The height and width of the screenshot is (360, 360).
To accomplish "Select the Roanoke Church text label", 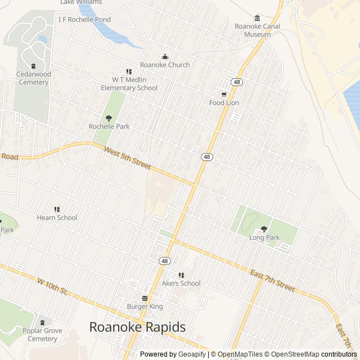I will pos(165,65).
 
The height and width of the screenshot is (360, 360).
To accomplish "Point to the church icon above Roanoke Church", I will pos(165,57).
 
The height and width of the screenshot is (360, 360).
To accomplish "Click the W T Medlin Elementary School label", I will pos(129,84).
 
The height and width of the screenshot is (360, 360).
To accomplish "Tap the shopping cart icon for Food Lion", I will pos(224,94).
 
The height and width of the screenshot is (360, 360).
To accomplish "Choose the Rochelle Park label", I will pos(109,127).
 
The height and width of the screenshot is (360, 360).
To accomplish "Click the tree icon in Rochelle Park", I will pos(109,118).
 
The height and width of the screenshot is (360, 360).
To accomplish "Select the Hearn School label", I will pos(57,218).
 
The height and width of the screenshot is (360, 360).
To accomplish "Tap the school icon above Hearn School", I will pos(57,209).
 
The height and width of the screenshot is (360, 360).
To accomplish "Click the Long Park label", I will pos(264,237).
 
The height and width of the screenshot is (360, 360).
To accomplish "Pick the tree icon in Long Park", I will pos(264,229).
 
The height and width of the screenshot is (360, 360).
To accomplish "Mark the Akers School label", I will pos(181,283).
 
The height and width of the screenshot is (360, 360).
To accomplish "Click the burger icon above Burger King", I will pos(145,298).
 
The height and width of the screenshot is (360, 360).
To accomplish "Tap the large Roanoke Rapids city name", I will pos(138,327).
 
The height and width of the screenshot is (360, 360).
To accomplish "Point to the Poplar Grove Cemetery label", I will pos(40,335).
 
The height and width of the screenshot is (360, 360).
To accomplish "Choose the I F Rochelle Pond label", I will pos(84,19).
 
